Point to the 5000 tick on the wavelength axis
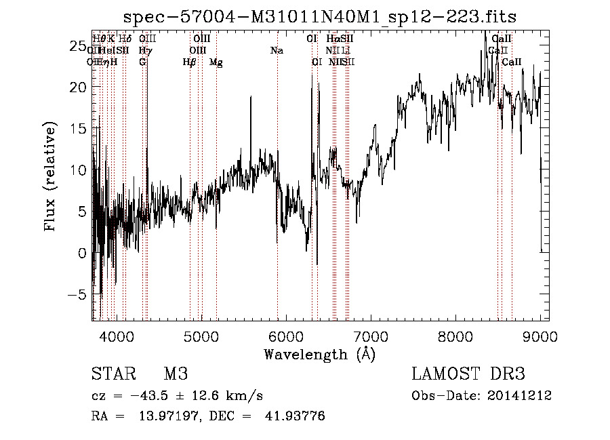tap(201, 336)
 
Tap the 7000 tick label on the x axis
tap(371, 336)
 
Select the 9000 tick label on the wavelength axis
tap(540, 336)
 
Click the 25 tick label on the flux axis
tap(77, 46)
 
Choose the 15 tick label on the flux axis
tap(77, 129)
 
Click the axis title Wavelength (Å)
tap(320, 354)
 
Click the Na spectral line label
tap(277, 51)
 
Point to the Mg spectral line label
tap(216, 62)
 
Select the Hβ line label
tap(190, 62)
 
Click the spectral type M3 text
tap(175, 375)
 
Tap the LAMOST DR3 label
tap(468, 375)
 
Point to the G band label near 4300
tap(142, 62)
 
